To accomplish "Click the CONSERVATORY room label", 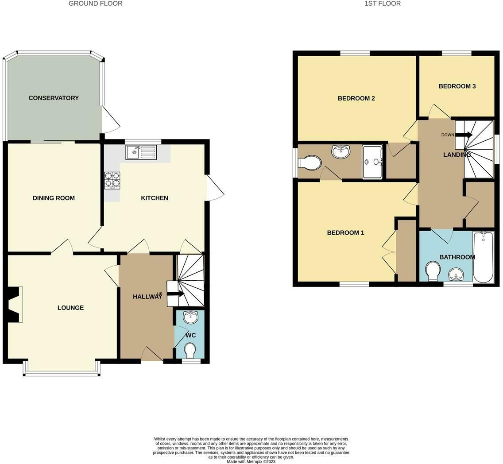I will pyautogui.click(x=54, y=98).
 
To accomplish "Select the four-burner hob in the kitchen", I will pyautogui.click(x=112, y=180).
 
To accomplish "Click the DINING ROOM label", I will pyautogui.click(x=54, y=198).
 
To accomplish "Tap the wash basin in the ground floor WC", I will pyautogui.click(x=191, y=317).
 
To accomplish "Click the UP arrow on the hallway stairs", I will pyautogui.click(x=176, y=293).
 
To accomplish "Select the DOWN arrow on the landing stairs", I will pyautogui.click(x=464, y=135).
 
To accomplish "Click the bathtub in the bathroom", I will pyautogui.click(x=484, y=257).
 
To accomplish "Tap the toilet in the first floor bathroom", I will pyautogui.click(x=432, y=271).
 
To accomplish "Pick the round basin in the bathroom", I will pyautogui.click(x=457, y=275).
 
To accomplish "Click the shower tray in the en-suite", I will pyautogui.click(x=372, y=162).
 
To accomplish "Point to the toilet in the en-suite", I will pyautogui.click(x=310, y=162).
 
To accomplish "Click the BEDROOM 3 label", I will pyautogui.click(x=457, y=86).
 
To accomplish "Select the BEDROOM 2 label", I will pyautogui.click(x=356, y=98).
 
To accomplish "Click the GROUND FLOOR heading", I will pyautogui.click(x=96, y=4).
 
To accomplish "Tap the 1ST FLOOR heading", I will pyautogui.click(x=383, y=4).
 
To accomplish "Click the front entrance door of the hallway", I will pyautogui.click(x=152, y=355).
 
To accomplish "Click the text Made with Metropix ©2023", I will pyautogui.click(x=251, y=461).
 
